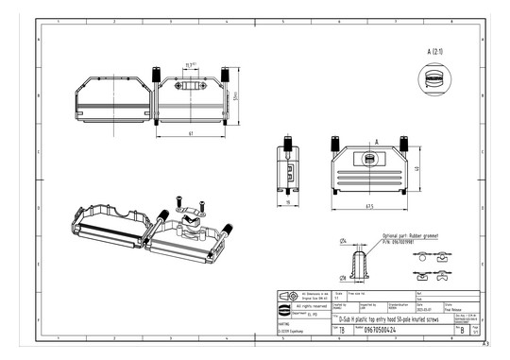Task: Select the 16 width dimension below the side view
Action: [x=287, y=201]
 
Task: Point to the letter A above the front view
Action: [x=376, y=141]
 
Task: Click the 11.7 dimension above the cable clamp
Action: [x=190, y=64]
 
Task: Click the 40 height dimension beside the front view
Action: [x=417, y=168]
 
